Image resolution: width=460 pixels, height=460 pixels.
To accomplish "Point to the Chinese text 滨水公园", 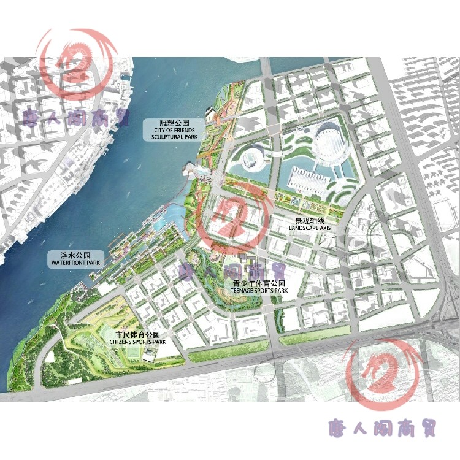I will point(75,255).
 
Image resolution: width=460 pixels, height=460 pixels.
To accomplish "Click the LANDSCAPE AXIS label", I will point(309,228).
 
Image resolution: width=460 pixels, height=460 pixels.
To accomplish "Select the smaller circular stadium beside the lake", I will point(251,159).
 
